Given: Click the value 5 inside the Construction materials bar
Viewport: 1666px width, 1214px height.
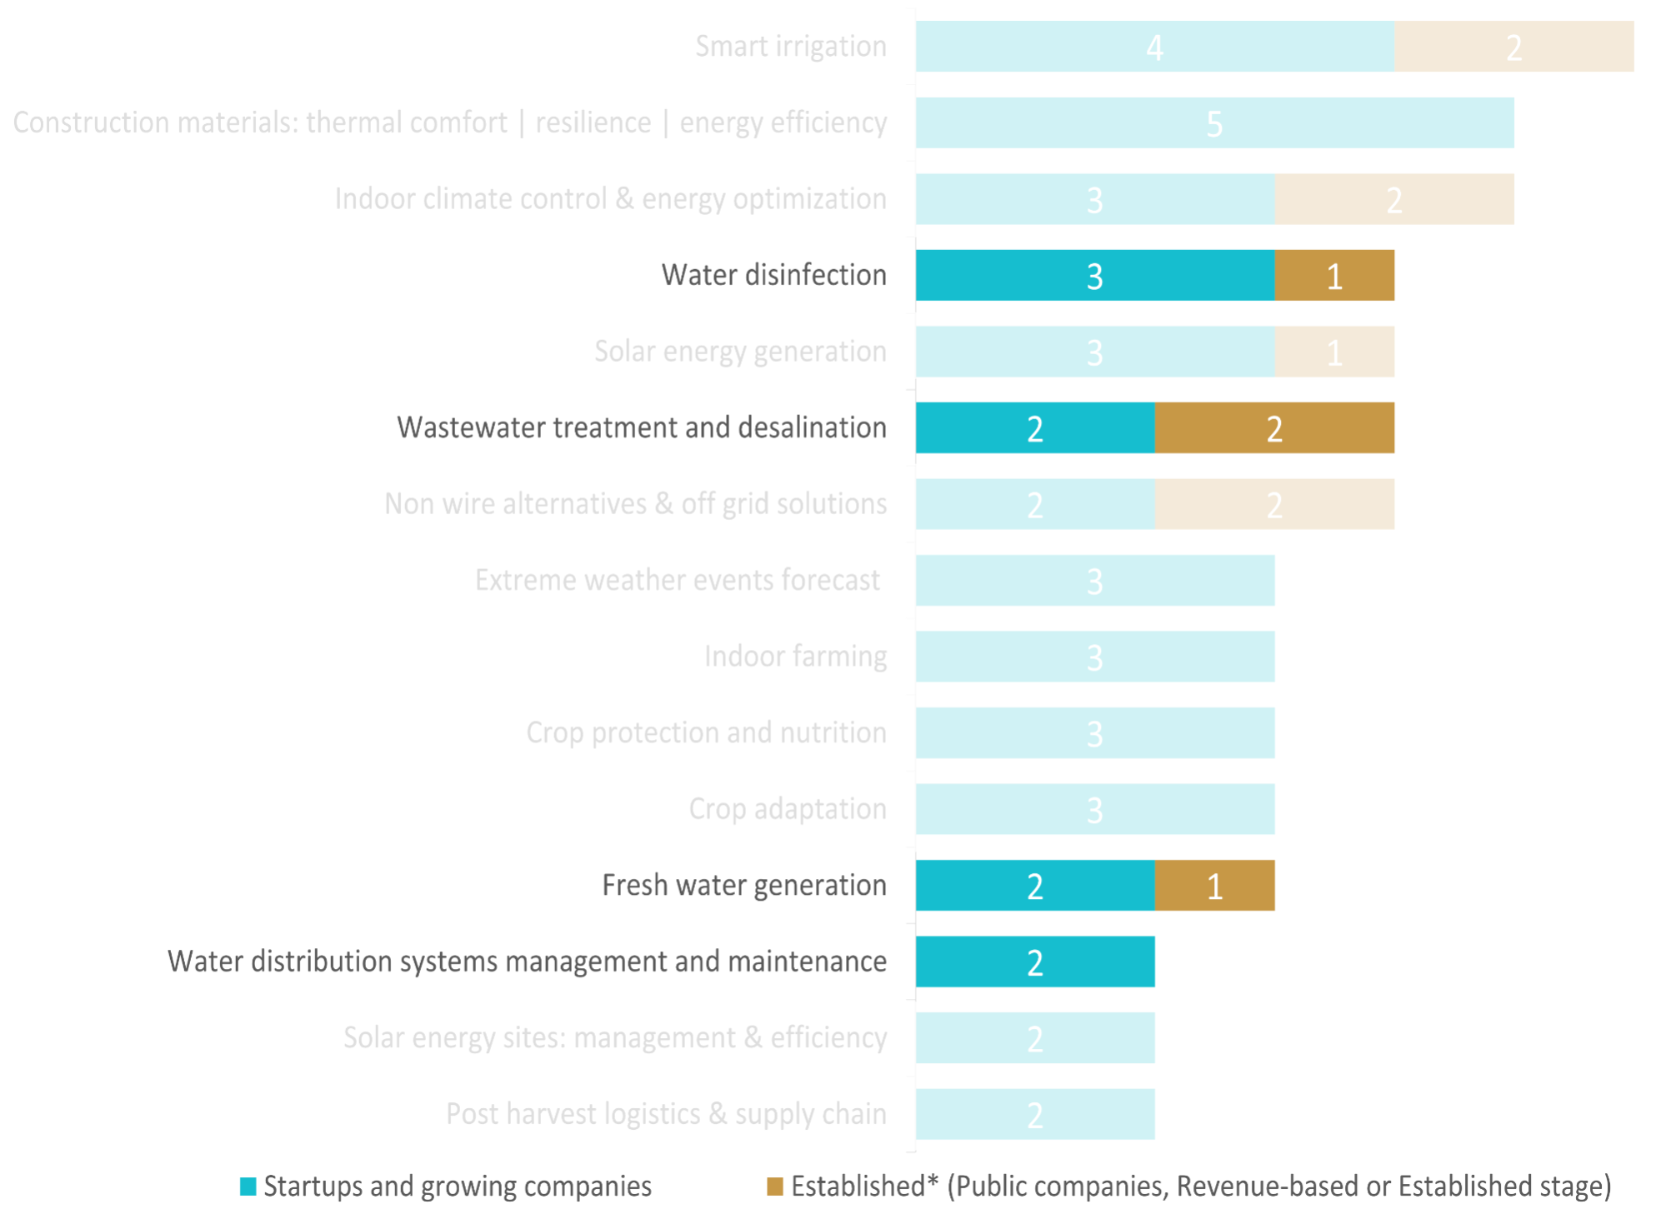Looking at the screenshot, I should tap(1214, 124).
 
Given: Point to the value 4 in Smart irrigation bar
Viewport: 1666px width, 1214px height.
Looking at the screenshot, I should tap(1154, 47).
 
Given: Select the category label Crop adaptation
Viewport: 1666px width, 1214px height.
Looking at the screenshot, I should tap(787, 809).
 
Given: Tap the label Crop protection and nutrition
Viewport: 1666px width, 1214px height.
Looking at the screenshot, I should tap(706, 732).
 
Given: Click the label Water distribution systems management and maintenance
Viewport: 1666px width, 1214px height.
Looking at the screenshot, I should tap(527, 962).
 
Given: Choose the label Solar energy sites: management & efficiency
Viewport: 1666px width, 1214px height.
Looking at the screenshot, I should tap(615, 1038).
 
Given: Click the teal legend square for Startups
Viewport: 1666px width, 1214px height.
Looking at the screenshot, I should tap(248, 1187).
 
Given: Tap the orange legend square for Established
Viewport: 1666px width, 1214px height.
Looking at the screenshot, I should tap(775, 1187).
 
